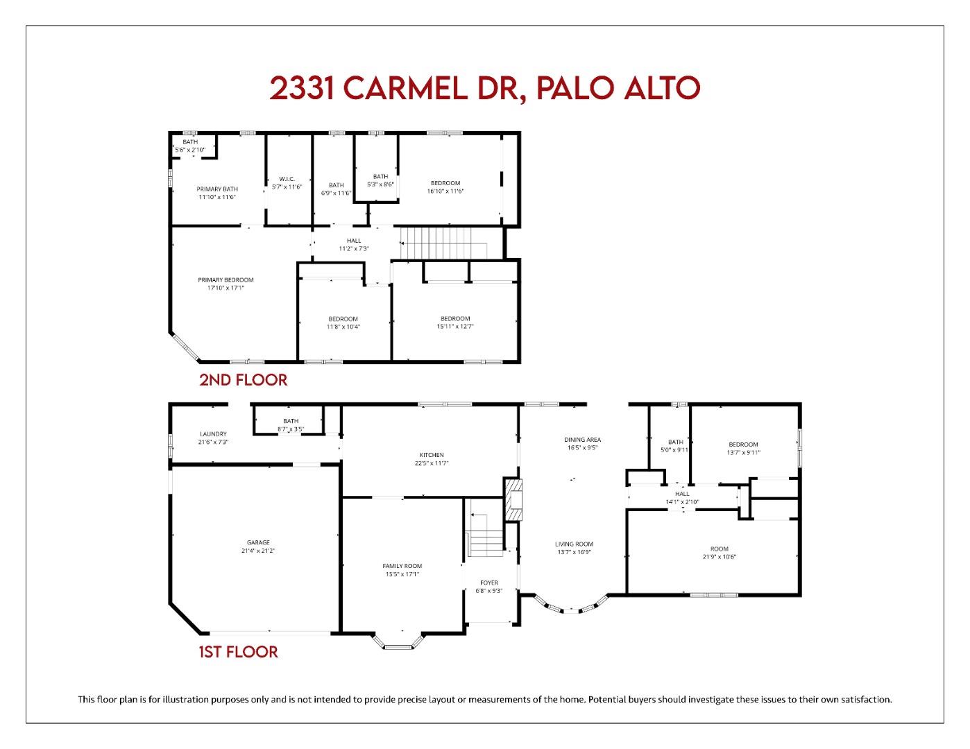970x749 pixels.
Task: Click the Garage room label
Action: click(258, 543)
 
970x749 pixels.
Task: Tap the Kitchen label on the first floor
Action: click(431, 455)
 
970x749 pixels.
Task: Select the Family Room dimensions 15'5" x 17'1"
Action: click(402, 574)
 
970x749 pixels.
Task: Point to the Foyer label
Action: click(489, 583)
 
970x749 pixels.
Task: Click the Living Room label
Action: click(574, 544)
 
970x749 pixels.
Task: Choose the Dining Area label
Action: click(582, 440)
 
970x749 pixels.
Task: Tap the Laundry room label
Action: click(213, 434)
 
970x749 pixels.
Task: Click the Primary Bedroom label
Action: click(226, 280)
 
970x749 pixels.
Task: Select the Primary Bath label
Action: click(217, 189)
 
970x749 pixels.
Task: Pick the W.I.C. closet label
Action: click(287, 179)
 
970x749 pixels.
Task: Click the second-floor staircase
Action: click(445, 243)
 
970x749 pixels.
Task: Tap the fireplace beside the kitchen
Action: click(512, 499)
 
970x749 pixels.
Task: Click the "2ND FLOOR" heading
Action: click(243, 380)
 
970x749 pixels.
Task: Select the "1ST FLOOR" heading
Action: click(238, 652)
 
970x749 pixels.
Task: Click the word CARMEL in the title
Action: click(406, 88)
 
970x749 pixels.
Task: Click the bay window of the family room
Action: click(398, 644)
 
